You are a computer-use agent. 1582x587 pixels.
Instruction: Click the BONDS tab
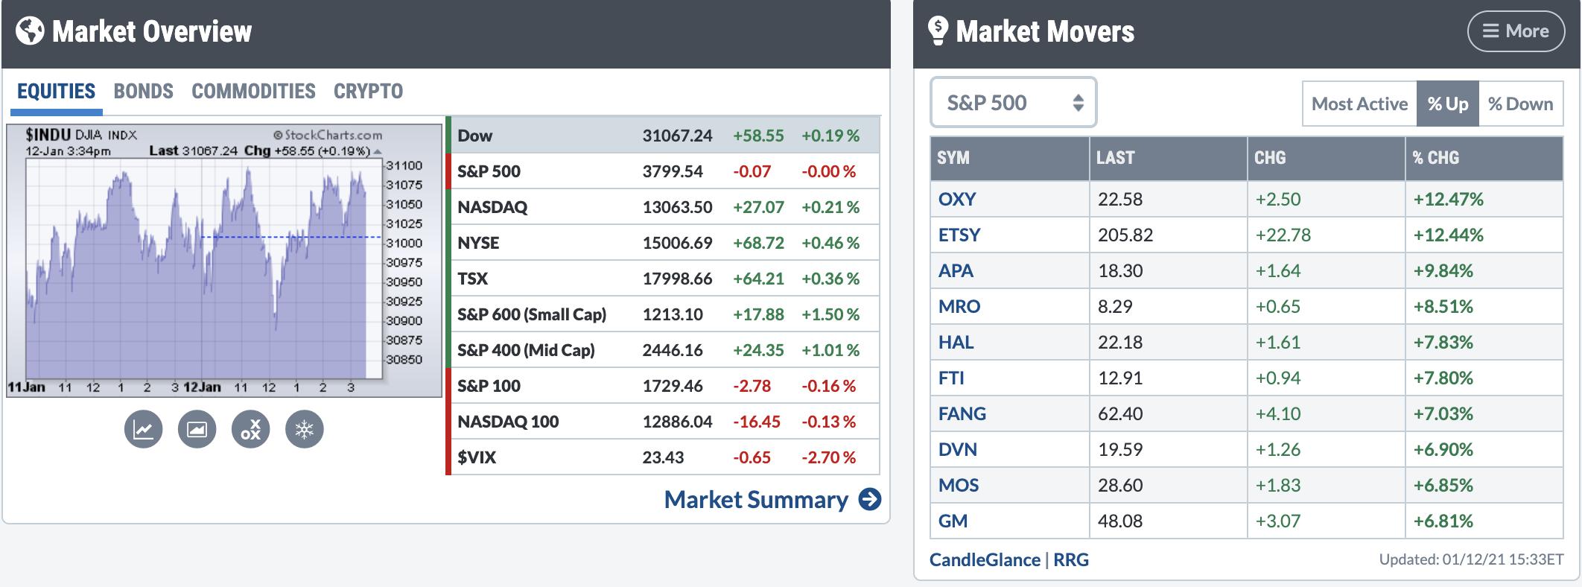(143, 91)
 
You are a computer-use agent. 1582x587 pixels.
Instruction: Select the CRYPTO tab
(368, 91)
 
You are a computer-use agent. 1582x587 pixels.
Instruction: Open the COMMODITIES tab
(253, 91)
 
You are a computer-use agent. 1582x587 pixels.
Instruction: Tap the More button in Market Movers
(1515, 31)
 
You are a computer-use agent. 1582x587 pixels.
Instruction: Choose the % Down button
(1520, 104)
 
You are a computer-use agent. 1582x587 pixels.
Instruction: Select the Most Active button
(1359, 104)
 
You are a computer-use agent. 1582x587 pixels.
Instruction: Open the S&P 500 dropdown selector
(1013, 103)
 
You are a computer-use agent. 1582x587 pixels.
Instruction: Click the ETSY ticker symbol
(959, 235)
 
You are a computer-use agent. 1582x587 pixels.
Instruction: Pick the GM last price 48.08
(1119, 521)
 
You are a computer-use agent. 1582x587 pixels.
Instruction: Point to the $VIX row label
(477, 457)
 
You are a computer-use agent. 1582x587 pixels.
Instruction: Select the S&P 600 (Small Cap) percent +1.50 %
(830, 314)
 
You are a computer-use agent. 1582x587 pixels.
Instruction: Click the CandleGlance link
(984, 559)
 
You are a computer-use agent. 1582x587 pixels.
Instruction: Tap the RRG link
(1070, 559)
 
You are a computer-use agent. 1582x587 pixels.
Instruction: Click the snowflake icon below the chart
(305, 430)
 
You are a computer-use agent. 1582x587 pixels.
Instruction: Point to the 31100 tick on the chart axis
(404, 165)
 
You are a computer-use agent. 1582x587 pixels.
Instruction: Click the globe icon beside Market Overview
(30, 31)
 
